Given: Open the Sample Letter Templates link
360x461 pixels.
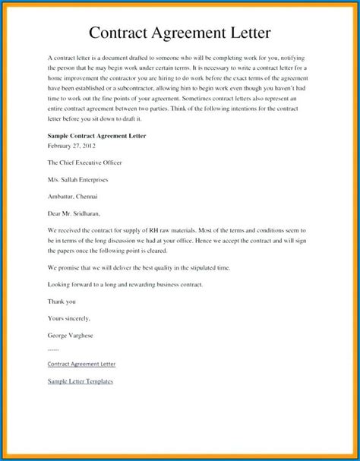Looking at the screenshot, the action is [x=80, y=380].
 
